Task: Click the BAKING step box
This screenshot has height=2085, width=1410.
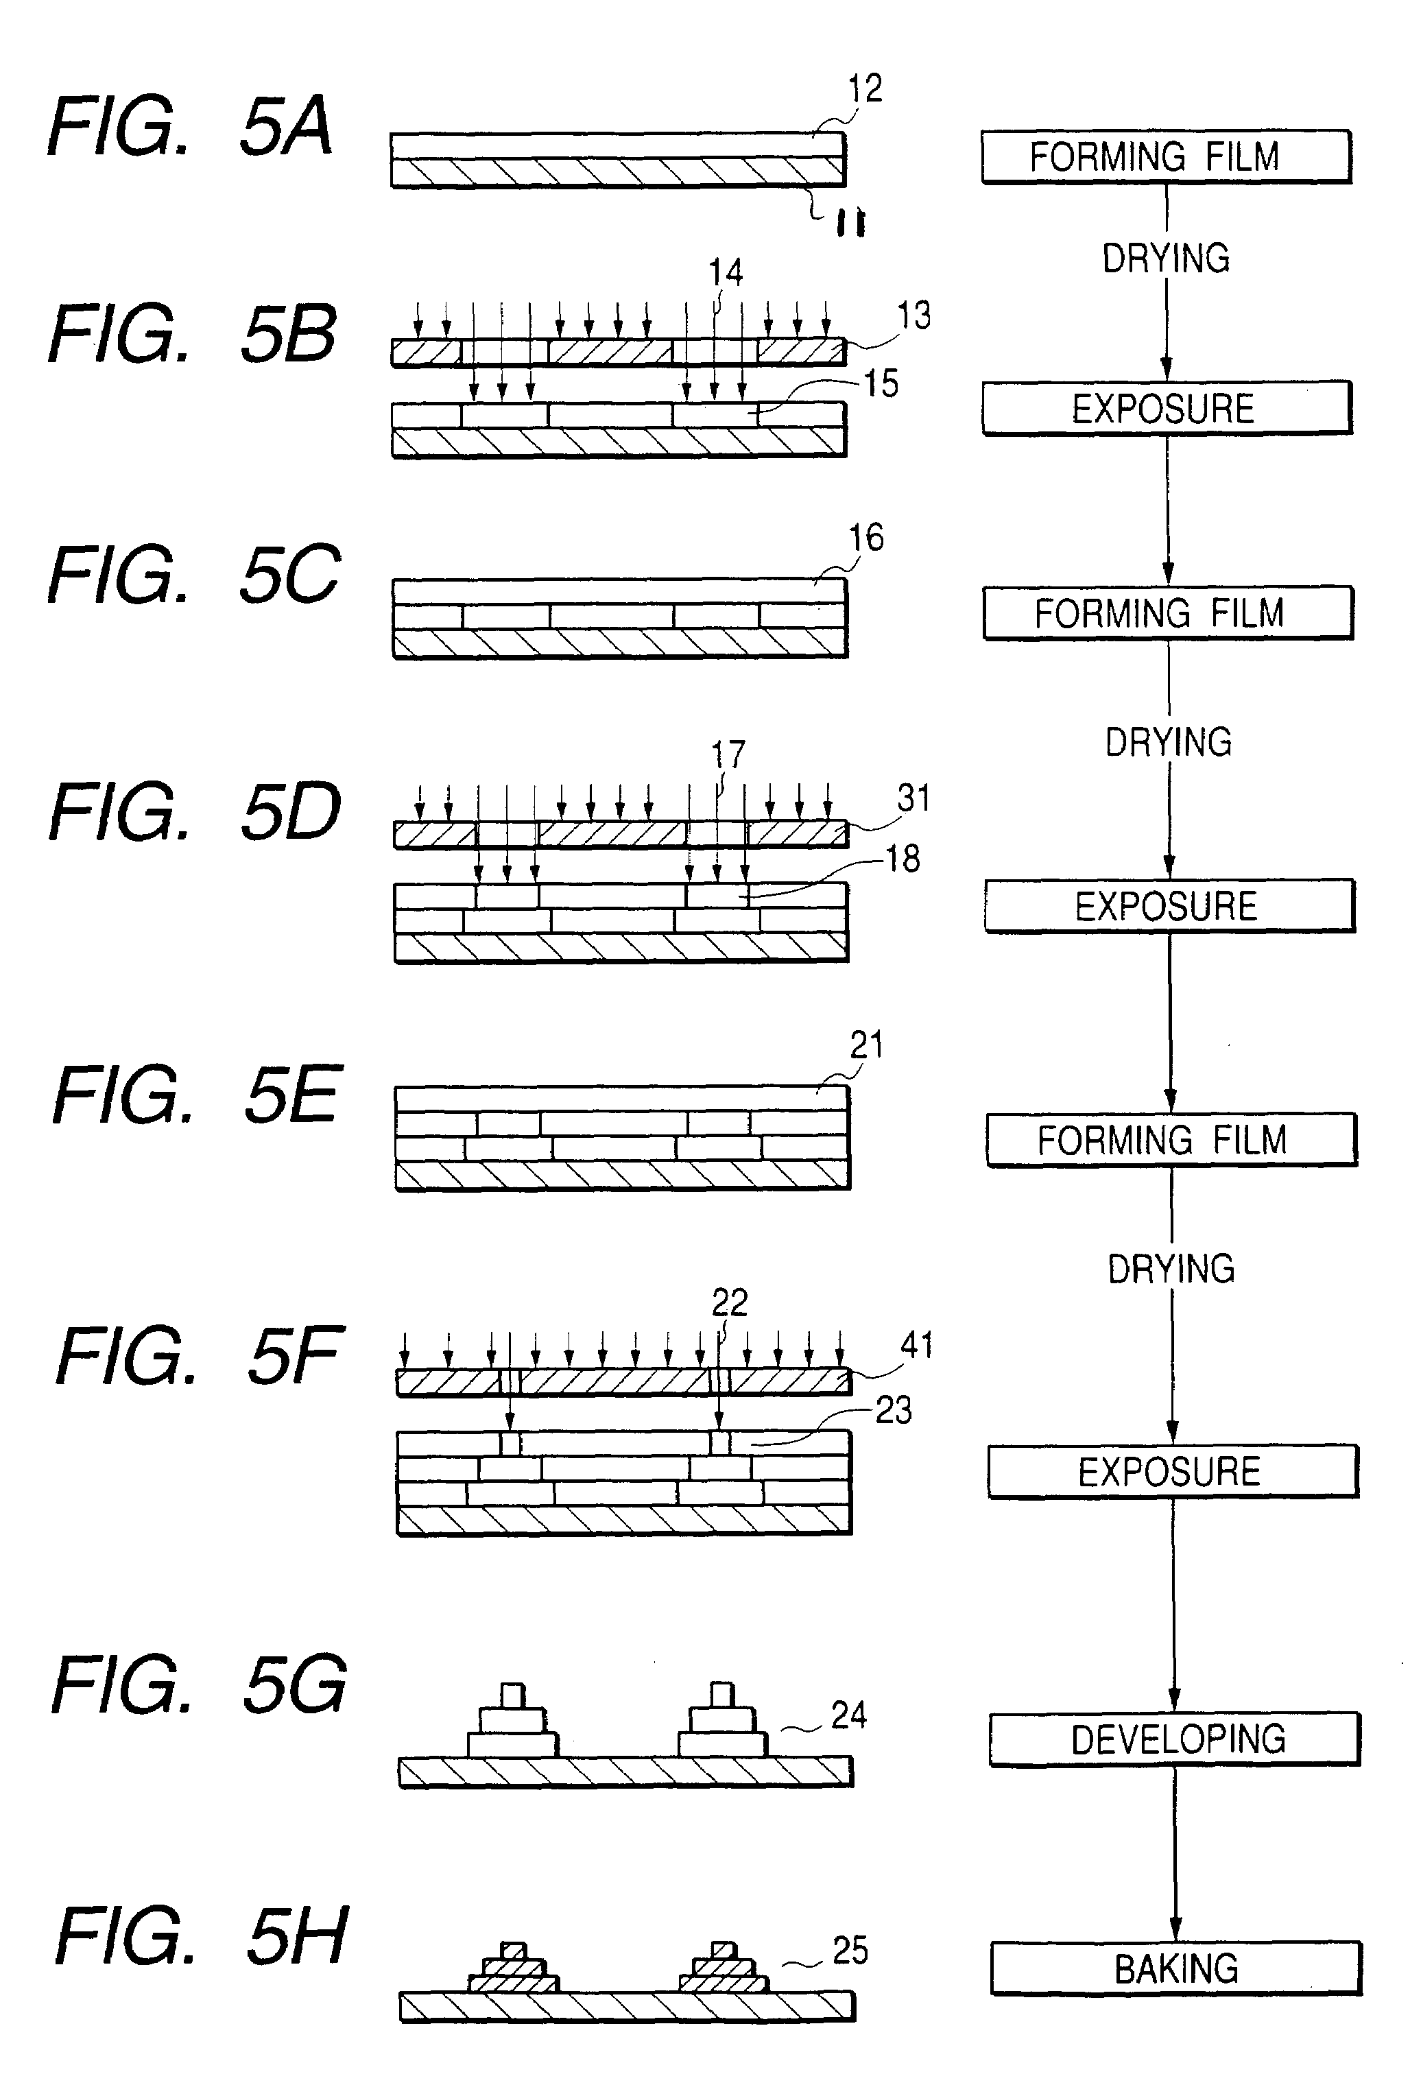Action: pos(1176,1968)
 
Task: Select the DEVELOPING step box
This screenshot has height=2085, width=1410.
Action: pos(1175,1739)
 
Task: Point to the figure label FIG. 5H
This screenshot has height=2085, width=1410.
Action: pos(202,1936)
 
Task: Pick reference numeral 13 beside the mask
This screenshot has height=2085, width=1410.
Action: pos(914,315)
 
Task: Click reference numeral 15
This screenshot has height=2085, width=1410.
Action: pos(881,384)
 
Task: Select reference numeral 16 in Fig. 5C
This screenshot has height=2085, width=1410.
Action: pos(866,538)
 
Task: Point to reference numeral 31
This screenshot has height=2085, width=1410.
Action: pos(914,798)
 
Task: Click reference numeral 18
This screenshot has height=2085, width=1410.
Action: pos(903,859)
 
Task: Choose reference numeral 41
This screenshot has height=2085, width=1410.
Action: pos(917,1345)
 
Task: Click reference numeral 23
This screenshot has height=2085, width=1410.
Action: pos(894,1410)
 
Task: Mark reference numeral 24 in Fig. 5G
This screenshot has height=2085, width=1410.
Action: pos(848,1715)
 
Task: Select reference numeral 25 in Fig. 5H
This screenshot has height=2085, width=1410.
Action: pos(850,1951)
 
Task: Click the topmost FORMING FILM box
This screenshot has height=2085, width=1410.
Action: pos(1166,157)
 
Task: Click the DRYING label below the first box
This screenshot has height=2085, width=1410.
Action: pos(1165,259)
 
